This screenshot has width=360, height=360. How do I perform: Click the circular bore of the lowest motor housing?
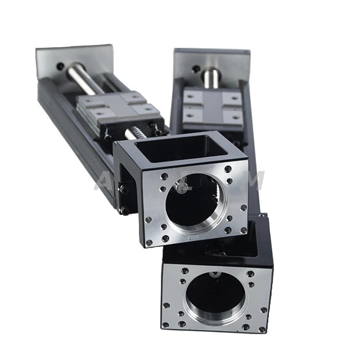214,298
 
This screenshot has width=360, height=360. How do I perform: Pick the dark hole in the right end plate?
195,70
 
